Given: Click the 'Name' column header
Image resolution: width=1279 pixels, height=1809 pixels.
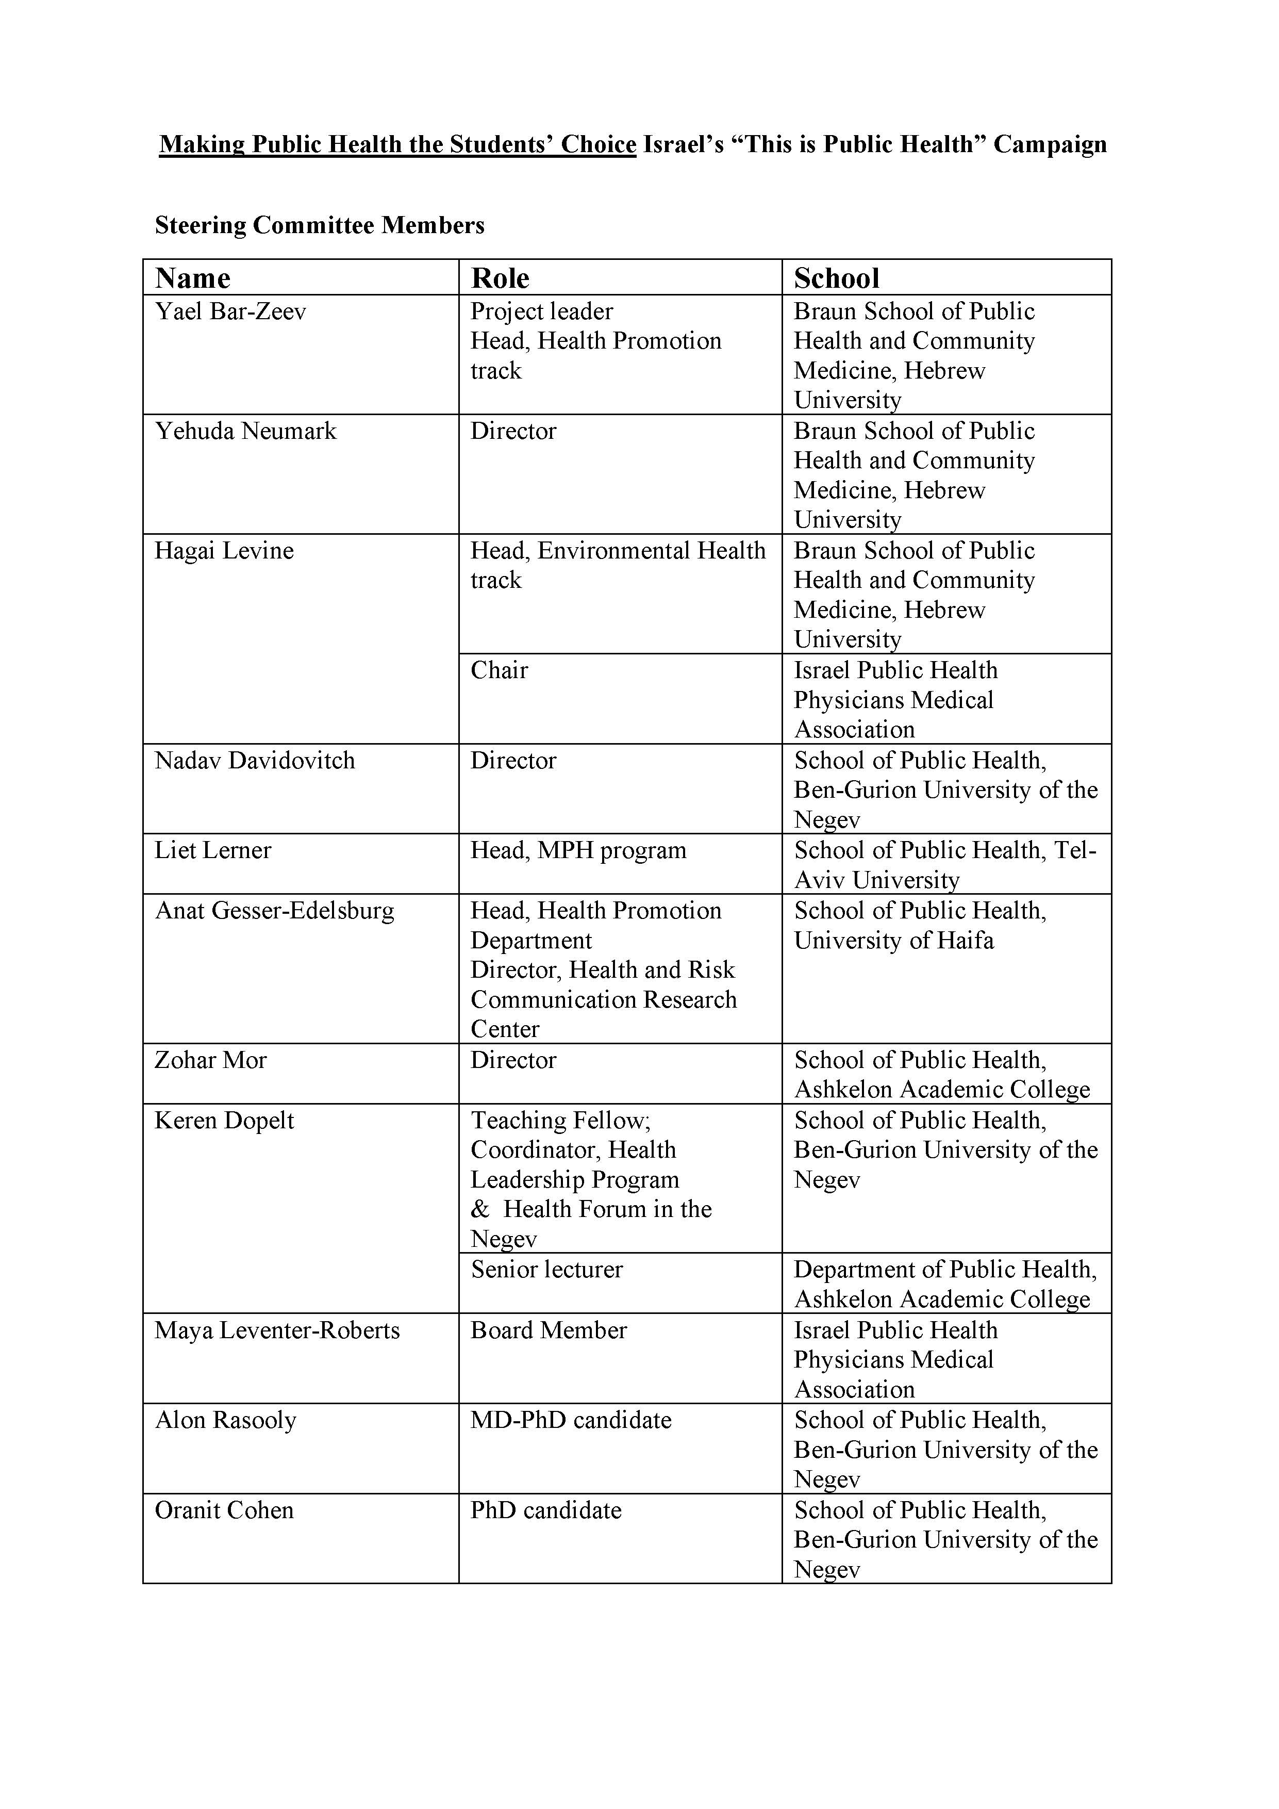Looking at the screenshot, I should [193, 278].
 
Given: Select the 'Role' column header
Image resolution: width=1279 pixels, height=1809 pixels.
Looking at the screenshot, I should [500, 278].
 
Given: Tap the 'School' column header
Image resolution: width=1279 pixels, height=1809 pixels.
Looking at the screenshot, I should [836, 278].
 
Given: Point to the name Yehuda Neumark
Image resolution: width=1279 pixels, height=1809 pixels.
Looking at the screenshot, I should [246, 431].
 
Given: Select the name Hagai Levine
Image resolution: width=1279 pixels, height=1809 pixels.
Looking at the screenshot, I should [224, 551].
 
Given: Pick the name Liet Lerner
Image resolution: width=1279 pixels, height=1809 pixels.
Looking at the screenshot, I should [212, 850].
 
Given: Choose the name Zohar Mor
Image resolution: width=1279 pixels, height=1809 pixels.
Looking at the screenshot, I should [211, 1061].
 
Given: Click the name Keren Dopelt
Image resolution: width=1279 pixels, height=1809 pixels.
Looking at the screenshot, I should [224, 1121].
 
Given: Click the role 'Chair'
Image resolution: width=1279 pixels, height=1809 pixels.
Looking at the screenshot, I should [500, 670].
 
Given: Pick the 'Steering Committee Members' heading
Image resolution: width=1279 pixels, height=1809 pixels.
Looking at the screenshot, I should [320, 225].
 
